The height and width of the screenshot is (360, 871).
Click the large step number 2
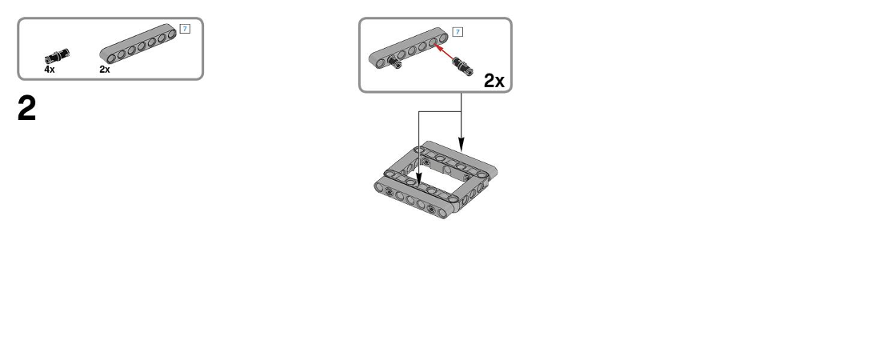(x=26, y=108)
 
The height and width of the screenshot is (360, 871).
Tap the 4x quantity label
(x=50, y=70)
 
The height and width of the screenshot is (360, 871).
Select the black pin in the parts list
(x=58, y=55)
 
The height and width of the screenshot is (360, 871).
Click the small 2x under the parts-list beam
(x=105, y=70)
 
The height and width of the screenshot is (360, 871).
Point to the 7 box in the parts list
(x=185, y=29)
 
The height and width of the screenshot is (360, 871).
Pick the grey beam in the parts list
(x=138, y=44)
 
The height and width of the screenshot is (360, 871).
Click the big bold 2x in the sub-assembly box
(x=493, y=81)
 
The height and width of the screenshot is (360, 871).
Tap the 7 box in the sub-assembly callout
(x=457, y=32)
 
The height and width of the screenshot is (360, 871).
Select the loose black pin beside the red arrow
(x=463, y=66)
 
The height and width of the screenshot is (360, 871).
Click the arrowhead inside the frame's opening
(x=419, y=178)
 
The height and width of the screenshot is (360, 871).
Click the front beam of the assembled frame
(x=413, y=199)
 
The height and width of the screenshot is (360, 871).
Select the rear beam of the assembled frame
(x=459, y=158)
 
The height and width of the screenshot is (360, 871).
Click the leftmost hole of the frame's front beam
(x=379, y=188)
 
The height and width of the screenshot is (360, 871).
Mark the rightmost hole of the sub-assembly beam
(x=443, y=38)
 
